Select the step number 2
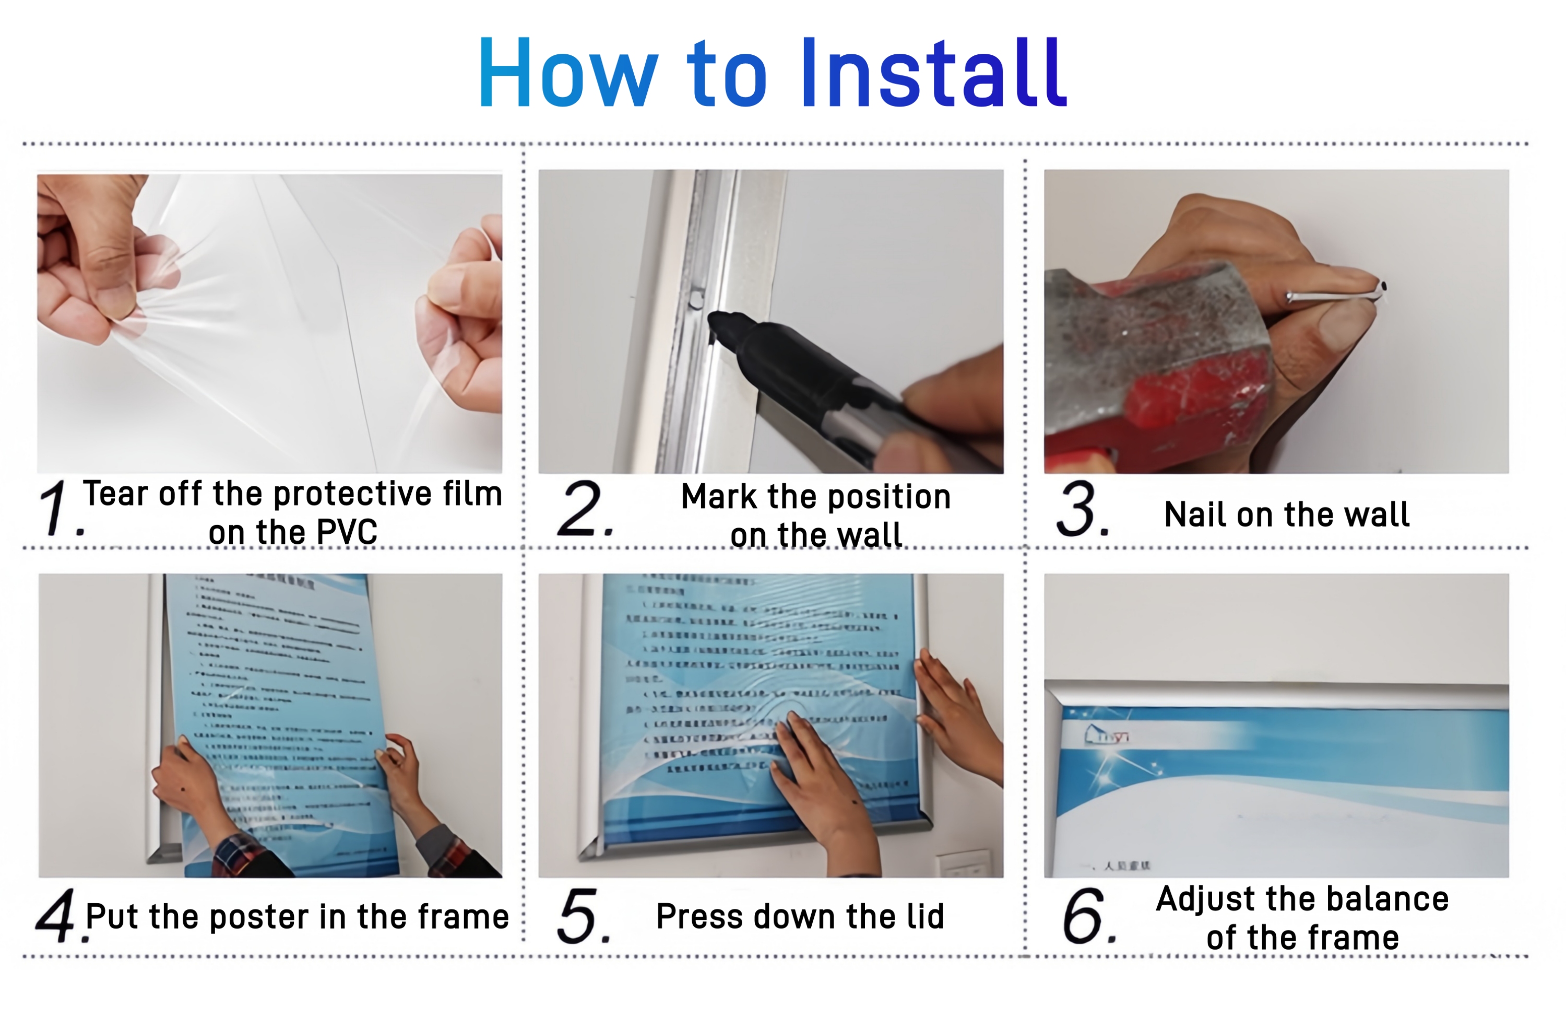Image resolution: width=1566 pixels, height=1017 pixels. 583,508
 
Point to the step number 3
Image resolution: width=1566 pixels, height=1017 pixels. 1082,509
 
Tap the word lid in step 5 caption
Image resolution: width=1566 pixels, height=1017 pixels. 924,916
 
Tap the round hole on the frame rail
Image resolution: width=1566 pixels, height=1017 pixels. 695,301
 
